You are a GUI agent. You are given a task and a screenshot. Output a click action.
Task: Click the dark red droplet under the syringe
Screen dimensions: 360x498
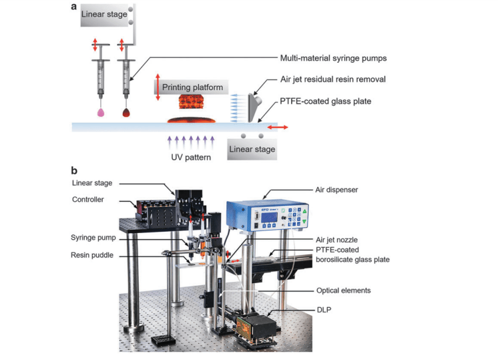126,113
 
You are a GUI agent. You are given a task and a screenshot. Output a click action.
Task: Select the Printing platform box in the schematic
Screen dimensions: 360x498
194,87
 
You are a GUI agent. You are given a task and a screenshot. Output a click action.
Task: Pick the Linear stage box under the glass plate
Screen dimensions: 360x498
252,149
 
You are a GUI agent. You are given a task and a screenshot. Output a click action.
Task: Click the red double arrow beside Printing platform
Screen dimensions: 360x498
158,87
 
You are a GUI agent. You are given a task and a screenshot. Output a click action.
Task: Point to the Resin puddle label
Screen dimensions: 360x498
91,254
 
